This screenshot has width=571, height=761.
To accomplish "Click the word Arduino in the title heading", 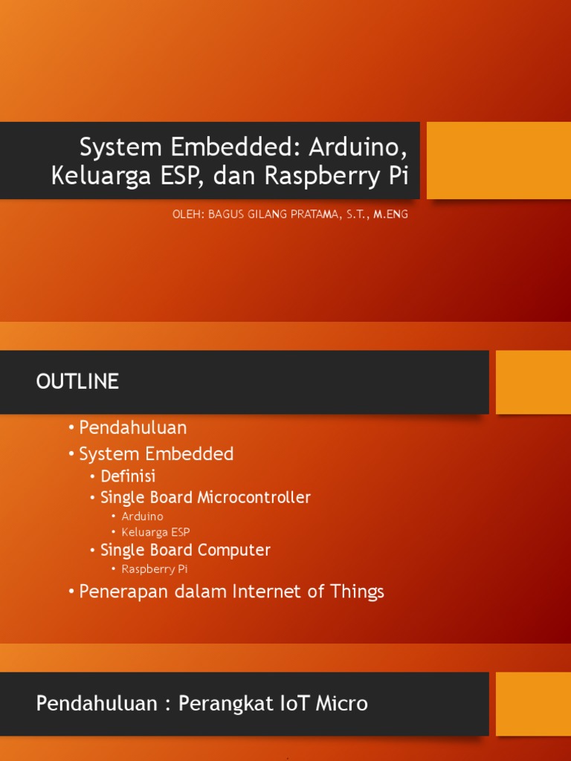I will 358,147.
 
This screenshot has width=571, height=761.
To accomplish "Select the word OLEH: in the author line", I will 188,215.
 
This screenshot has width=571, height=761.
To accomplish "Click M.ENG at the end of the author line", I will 390,215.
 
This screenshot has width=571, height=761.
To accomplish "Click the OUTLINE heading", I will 77,382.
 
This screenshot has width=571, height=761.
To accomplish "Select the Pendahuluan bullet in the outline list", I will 132,428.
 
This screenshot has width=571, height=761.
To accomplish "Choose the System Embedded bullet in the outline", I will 156,453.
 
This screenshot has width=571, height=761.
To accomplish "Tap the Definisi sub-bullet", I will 128,476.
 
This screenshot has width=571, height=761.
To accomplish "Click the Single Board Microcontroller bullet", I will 205,497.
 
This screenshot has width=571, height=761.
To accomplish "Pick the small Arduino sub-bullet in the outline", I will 142,516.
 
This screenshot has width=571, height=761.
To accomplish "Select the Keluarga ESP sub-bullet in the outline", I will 155,532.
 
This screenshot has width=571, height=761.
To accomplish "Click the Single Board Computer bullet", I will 185,551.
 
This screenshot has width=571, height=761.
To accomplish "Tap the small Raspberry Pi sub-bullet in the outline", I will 154,569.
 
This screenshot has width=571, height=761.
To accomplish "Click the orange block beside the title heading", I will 498,161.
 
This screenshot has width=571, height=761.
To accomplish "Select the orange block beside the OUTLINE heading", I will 533,382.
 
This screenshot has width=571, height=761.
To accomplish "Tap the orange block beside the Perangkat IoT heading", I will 533,704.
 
